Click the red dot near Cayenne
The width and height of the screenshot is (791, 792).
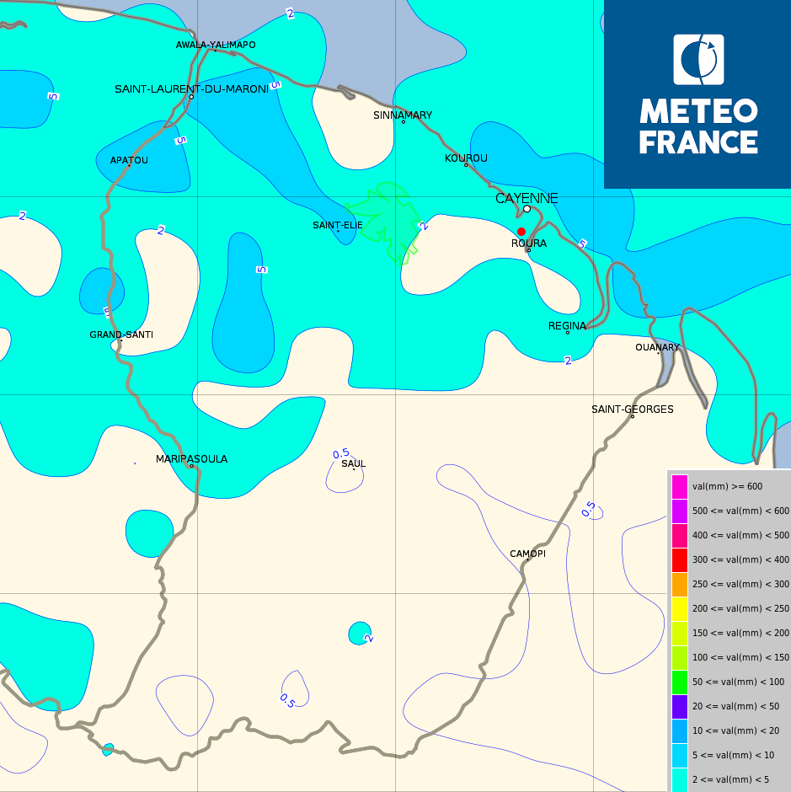(x=521, y=232)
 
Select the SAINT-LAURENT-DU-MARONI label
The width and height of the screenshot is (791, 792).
(x=191, y=88)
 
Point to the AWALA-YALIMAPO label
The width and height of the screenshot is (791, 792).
(x=216, y=45)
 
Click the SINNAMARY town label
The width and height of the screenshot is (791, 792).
(x=403, y=115)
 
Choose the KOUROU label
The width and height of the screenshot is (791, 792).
(x=466, y=158)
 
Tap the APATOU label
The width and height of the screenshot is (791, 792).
(x=129, y=160)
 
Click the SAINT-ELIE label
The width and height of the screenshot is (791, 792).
(x=338, y=225)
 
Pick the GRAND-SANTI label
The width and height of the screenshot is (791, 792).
(x=121, y=334)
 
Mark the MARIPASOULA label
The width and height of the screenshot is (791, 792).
(x=191, y=459)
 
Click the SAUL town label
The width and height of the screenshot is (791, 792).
(x=354, y=463)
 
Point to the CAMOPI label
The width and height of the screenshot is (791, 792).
(x=527, y=554)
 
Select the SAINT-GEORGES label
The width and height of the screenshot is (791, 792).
(x=632, y=409)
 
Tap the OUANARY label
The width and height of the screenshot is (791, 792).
(x=657, y=347)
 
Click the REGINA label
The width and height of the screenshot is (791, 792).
(x=567, y=326)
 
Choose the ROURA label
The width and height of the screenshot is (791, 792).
(x=529, y=243)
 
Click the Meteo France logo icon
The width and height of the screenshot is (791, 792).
(x=698, y=60)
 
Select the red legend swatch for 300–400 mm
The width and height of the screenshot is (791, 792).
(x=680, y=560)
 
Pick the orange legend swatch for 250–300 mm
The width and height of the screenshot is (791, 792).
(x=680, y=584)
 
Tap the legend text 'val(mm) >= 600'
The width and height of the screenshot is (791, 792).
(x=727, y=486)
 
